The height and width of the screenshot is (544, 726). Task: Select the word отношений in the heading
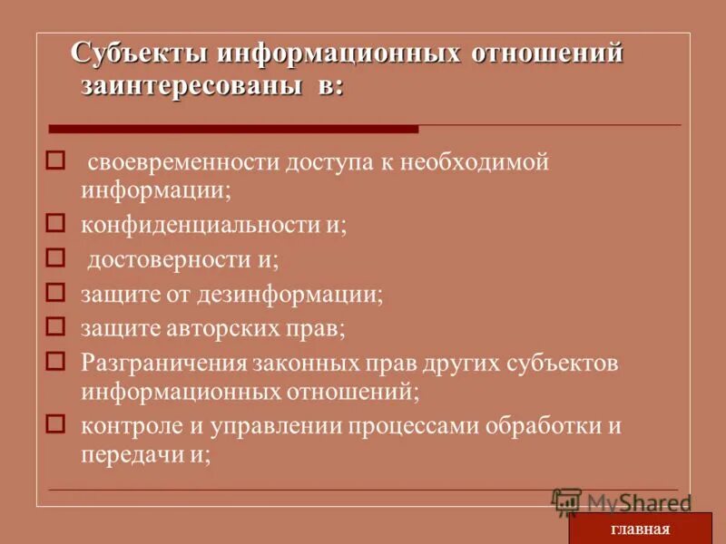547,53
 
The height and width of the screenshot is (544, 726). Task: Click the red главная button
640,529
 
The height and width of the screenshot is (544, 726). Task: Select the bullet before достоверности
55,257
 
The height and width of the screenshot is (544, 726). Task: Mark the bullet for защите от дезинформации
55,292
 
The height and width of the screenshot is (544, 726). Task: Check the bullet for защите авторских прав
55,325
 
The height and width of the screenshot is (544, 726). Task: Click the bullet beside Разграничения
55,361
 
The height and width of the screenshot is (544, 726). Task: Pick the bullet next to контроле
55,423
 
